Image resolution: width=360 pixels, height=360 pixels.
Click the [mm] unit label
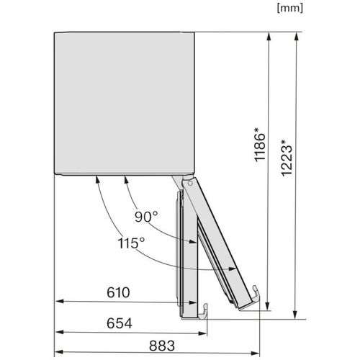click(290, 9)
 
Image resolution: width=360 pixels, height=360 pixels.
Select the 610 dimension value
click(118, 292)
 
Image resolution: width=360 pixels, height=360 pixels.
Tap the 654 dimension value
click(120, 323)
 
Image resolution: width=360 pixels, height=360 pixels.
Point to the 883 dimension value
click(162, 346)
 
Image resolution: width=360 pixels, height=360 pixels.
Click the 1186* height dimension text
click(260, 145)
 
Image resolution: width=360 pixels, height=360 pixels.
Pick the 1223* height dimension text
click(287, 158)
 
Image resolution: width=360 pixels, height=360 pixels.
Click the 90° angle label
click(146, 217)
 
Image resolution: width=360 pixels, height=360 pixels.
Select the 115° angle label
click(131, 243)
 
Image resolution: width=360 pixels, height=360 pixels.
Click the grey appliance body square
click(124, 103)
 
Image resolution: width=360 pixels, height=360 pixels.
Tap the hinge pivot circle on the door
click(190, 184)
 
